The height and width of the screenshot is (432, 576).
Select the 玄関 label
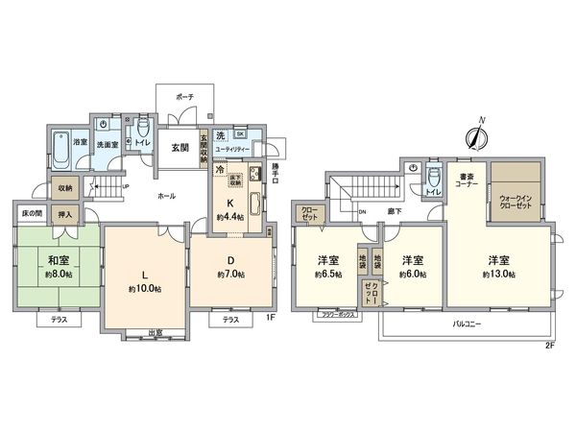(180, 148)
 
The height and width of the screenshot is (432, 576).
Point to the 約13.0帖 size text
(498, 275)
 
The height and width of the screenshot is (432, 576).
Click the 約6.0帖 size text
(414, 275)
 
